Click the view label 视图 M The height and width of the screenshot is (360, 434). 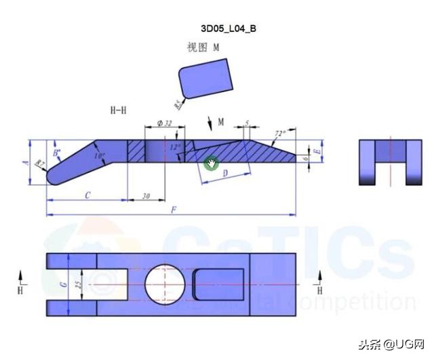coord(203,47)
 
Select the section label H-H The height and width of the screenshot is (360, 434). coord(119,109)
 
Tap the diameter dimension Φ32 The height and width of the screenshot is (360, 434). coord(164,123)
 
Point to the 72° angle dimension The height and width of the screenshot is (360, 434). coord(279,134)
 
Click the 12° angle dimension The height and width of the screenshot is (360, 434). coord(176,146)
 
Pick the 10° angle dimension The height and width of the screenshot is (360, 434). coord(100,155)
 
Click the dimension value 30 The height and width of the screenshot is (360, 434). coord(146,196)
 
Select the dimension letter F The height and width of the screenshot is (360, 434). coord(174,211)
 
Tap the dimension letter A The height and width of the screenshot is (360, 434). coord(26,163)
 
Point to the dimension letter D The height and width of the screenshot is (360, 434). coord(224,174)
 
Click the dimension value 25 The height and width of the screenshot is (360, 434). coord(78,285)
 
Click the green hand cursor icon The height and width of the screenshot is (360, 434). coord(212,163)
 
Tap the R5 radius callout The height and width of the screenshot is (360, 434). coord(178,104)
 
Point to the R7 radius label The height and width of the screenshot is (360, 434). coord(40,164)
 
